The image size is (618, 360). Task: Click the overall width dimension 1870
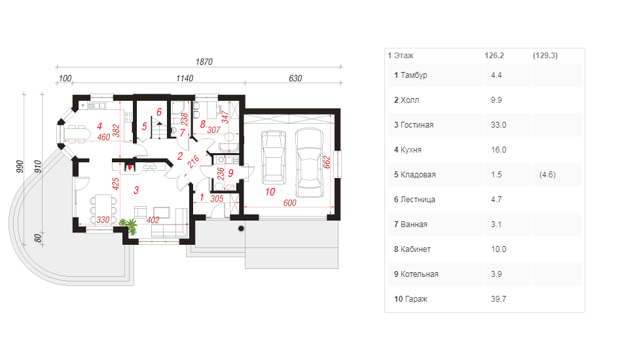coord(204,62)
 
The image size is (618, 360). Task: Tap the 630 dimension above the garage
coord(295,79)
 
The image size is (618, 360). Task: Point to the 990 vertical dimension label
coord(20,167)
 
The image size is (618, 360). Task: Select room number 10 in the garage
coord(270,192)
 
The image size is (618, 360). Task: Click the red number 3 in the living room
coord(136,190)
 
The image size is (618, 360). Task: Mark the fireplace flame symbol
coord(129,168)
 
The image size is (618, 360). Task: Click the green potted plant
coord(129,226)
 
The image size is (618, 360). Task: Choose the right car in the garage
coord(310,163)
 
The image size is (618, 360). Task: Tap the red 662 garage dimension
coord(327,162)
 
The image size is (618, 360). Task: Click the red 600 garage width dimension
coord(289,203)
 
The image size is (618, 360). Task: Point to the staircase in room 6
coord(158,130)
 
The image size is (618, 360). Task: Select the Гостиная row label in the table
coord(417,125)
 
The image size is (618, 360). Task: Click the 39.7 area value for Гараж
coord(499,299)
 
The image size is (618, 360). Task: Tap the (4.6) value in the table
coord(547,175)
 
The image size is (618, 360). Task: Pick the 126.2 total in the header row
coord(494,56)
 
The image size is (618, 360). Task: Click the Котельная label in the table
coord(420,274)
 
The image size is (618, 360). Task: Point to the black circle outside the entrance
coord(241,228)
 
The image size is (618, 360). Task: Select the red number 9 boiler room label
coord(230,173)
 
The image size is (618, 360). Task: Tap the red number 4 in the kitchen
coord(100,126)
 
